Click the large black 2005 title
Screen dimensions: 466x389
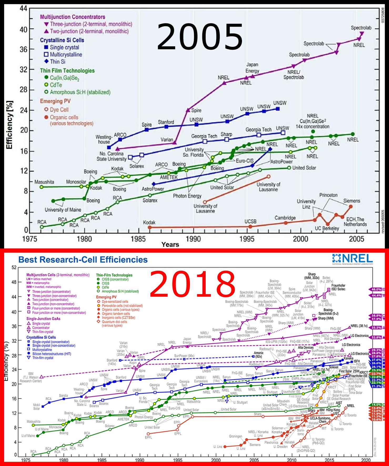coord(200,37)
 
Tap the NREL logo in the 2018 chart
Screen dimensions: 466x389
coord(352,259)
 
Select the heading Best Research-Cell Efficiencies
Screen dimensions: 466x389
coord(83,260)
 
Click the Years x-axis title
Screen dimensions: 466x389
coord(170,244)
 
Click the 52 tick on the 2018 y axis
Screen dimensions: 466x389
coord(14,268)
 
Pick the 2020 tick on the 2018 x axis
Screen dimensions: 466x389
coord(366,460)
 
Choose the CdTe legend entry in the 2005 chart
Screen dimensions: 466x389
coord(56,85)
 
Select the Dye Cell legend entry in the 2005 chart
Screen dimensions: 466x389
coord(59,109)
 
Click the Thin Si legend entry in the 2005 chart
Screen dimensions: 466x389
coord(57,62)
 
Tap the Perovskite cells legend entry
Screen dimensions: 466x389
coord(122,306)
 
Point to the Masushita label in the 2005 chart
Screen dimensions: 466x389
coord(44,182)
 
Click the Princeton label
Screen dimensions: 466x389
coord(328,195)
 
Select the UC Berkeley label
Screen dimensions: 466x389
coord(327,228)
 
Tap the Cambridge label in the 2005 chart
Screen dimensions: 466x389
coord(285,218)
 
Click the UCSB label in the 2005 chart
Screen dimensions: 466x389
coord(250,221)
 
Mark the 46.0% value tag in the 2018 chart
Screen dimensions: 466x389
coord(376,289)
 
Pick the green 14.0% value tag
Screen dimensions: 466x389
coord(376,405)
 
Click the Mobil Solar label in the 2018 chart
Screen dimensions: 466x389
coord(37,407)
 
